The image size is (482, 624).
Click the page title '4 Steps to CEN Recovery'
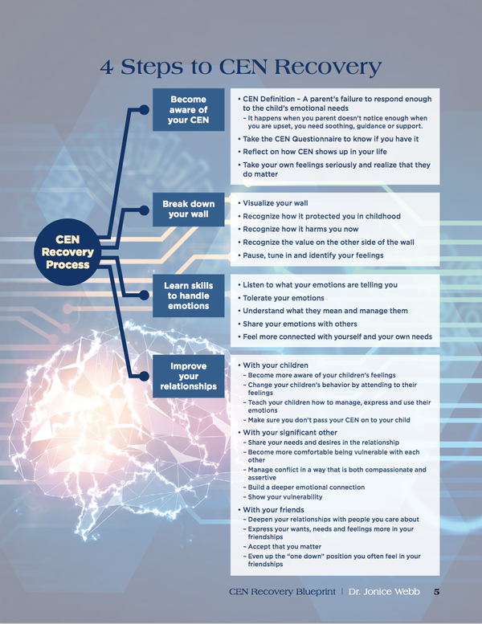coord(240,67)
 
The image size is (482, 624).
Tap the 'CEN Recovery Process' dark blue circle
coord(67,252)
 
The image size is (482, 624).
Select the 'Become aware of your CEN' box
coord(188,110)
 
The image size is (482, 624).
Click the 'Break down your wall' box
coord(188,210)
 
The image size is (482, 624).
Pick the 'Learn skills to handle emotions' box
coord(188,296)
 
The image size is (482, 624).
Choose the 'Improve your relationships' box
coord(188,376)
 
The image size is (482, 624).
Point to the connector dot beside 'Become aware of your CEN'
coord(144,110)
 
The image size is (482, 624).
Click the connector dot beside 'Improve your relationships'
coord(144,376)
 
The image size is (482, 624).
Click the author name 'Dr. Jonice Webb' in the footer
coord(384,592)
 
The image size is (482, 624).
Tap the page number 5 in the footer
coord(437,592)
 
